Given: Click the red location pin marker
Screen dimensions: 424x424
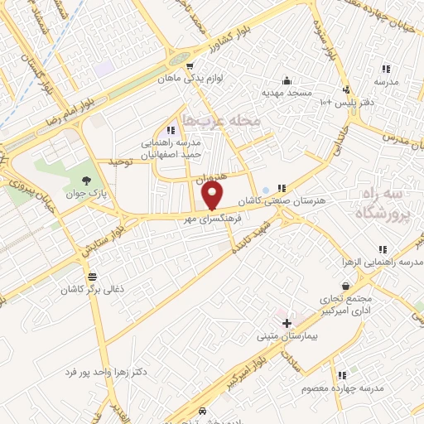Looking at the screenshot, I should (213, 196).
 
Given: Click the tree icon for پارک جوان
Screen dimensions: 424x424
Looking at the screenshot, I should (87, 180).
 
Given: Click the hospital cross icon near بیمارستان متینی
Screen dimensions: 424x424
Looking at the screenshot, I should (287, 321).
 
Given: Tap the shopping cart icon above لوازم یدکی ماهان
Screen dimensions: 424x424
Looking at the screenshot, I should (190, 67).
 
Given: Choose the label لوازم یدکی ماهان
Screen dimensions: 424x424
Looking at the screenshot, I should (186, 80).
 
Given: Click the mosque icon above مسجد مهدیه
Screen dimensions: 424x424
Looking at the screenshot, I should (287, 80).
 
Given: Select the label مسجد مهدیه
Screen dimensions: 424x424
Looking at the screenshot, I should (287, 93).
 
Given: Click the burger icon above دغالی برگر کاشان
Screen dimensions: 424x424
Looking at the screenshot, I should (91, 277).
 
